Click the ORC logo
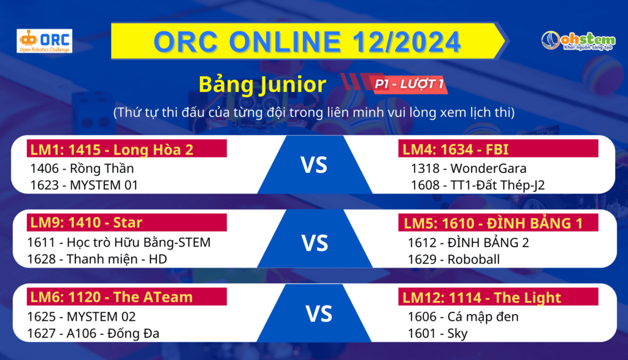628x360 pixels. click(44, 41)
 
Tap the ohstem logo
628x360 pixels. click(578, 41)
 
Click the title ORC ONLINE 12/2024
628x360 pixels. click(307, 41)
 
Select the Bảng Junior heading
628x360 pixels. click(262, 85)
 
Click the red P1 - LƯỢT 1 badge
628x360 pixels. click(409, 84)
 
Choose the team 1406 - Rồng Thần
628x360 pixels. click(82, 168)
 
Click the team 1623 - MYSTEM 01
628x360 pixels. click(84, 185)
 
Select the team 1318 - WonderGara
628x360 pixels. click(469, 168)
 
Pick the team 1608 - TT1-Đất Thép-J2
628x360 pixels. click(478, 185)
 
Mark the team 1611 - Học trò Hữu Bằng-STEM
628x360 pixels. click(118, 243)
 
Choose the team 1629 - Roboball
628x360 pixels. click(454, 259)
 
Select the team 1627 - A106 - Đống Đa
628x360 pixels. click(93, 333)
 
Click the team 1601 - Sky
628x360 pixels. click(438, 334)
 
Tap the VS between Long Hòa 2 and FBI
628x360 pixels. click(314, 165)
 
